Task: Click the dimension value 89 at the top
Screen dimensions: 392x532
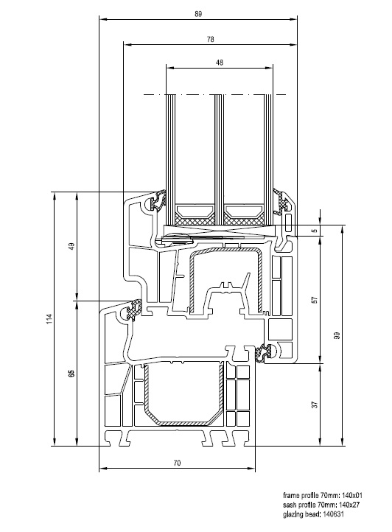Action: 198,14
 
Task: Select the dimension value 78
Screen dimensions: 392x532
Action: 211,39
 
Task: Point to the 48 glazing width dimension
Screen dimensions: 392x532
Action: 220,63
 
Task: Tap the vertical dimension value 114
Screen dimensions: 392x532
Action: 49,318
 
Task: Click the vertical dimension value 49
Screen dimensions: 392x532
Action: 72,246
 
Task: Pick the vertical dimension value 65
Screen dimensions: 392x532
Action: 71,374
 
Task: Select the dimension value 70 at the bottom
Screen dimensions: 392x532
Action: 177,463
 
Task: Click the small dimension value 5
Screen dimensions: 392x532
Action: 315,231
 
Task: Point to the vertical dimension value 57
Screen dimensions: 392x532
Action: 315,300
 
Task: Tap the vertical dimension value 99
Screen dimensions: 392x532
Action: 337,335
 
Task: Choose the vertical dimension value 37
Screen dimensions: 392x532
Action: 315,405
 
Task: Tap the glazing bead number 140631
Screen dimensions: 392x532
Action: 333,514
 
